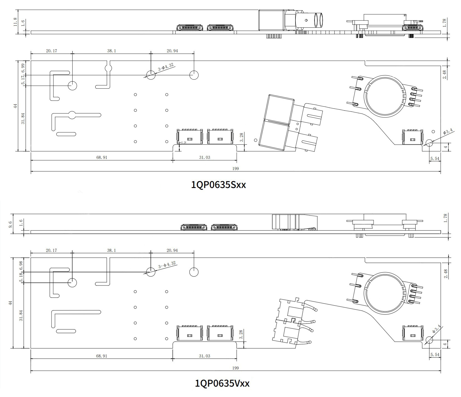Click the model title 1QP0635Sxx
tap(218, 185)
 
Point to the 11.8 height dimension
tap(15, 22)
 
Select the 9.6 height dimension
tap(11, 224)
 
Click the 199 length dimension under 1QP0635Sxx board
tap(236, 168)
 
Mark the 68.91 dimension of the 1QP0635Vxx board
tap(102, 356)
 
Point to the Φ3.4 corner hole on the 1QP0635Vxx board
tap(429, 340)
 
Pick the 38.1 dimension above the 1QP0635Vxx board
tap(111, 250)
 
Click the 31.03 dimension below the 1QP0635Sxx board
tap(204, 158)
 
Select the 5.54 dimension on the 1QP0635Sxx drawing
tap(435, 159)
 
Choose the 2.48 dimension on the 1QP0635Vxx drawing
tap(445, 274)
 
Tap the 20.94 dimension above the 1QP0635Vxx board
tap(172, 250)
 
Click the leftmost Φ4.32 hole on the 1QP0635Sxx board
tap(73, 85)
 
